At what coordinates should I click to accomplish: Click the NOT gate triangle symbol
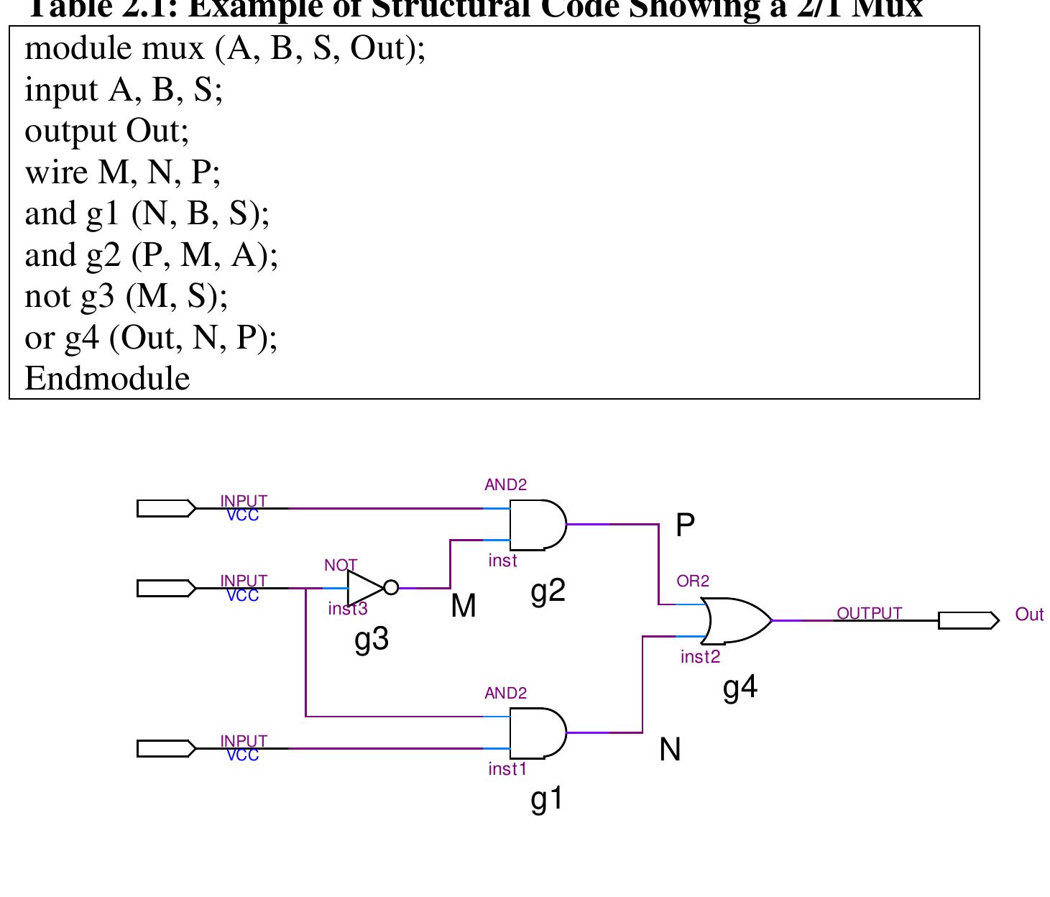(364, 588)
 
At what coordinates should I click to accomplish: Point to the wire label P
(685, 526)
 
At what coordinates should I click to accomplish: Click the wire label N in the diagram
(670, 750)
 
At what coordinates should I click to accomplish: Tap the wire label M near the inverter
(464, 607)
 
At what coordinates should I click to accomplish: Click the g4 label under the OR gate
(740, 688)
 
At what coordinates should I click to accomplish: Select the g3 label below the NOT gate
(372, 639)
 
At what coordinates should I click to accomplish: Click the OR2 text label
(693, 581)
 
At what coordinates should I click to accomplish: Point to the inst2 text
(700, 657)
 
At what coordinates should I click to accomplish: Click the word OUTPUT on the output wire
(869, 613)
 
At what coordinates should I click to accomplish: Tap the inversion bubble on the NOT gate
(391, 588)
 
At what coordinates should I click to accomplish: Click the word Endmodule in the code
(107, 379)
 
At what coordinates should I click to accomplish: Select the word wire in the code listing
(56, 172)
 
